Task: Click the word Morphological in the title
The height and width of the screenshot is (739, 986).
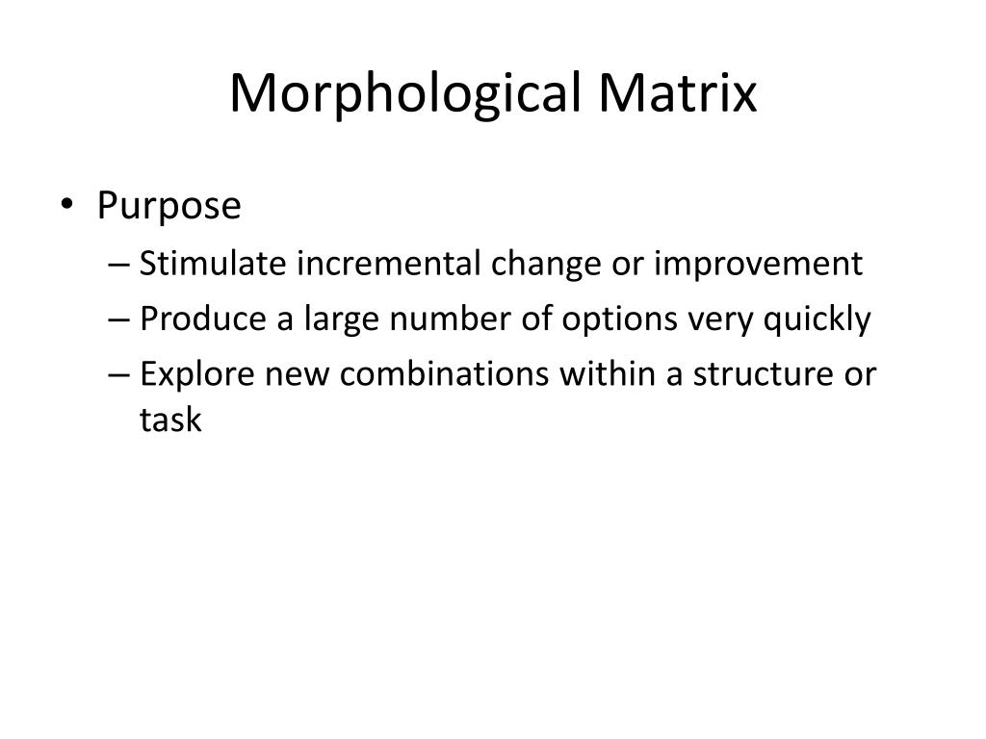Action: pyautogui.click(x=405, y=94)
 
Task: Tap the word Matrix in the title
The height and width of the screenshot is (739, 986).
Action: pyautogui.click(x=678, y=94)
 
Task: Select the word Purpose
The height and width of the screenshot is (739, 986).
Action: pyautogui.click(x=169, y=206)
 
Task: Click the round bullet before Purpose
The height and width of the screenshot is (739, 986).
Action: pyautogui.click(x=77, y=206)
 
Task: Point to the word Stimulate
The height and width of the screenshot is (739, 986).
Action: pyautogui.click(x=213, y=264)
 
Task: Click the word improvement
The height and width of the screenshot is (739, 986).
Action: pyautogui.click(x=759, y=264)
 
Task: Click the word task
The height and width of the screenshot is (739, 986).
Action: pyautogui.click(x=170, y=421)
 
